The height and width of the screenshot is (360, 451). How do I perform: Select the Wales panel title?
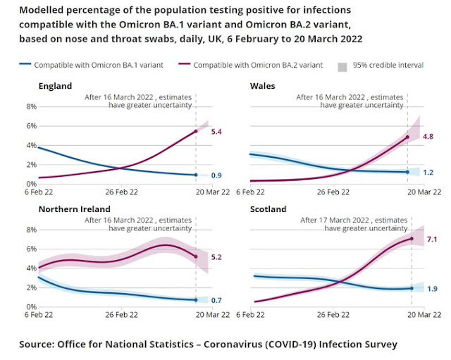pyautogui.click(x=263, y=86)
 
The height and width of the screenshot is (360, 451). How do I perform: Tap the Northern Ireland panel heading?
pyautogui.click(x=72, y=209)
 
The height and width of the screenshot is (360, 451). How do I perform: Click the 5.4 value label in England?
pyautogui.click(x=216, y=132)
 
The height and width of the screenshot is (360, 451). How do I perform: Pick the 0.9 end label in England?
pyautogui.click(x=217, y=175)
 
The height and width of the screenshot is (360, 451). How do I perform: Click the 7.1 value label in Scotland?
pyautogui.click(x=432, y=239)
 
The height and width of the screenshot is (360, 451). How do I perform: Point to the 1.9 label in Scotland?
pyautogui.click(x=432, y=288)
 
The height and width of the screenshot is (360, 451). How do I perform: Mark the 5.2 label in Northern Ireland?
pyautogui.click(x=216, y=256)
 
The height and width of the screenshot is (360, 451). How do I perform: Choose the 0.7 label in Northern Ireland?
pyautogui.click(x=217, y=300)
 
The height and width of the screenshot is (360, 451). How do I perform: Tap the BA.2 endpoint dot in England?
pyautogui.click(x=195, y=132)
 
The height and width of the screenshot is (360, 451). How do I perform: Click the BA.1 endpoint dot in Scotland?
pyautogui.click(x=412, y=288)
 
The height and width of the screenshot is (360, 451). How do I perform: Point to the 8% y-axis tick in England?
pyautogui.click(x=31, y=106)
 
